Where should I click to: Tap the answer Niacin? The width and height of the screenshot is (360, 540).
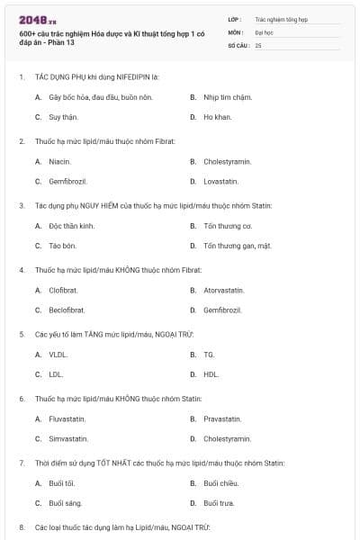coord(59,161)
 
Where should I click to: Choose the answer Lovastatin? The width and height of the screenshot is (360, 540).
coord(220,181)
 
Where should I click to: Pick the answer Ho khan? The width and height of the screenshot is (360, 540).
coord(217,117)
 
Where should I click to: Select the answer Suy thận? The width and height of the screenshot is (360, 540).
coord(62,117)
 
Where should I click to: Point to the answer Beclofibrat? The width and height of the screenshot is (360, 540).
coord(67,310)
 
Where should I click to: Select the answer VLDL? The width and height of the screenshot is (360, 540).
coord(58,355)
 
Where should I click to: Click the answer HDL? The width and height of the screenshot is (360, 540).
coord(211,373)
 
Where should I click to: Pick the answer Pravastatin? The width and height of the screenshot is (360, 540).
coord(222,418)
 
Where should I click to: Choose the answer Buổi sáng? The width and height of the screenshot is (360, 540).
coord(65,502)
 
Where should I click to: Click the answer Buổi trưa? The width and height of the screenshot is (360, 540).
coord(219,502)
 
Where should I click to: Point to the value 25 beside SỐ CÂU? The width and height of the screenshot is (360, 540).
coord(258,44)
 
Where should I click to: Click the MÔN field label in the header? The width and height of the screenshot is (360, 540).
coord(235,31)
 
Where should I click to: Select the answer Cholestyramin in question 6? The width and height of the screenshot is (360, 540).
coord(227,438)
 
